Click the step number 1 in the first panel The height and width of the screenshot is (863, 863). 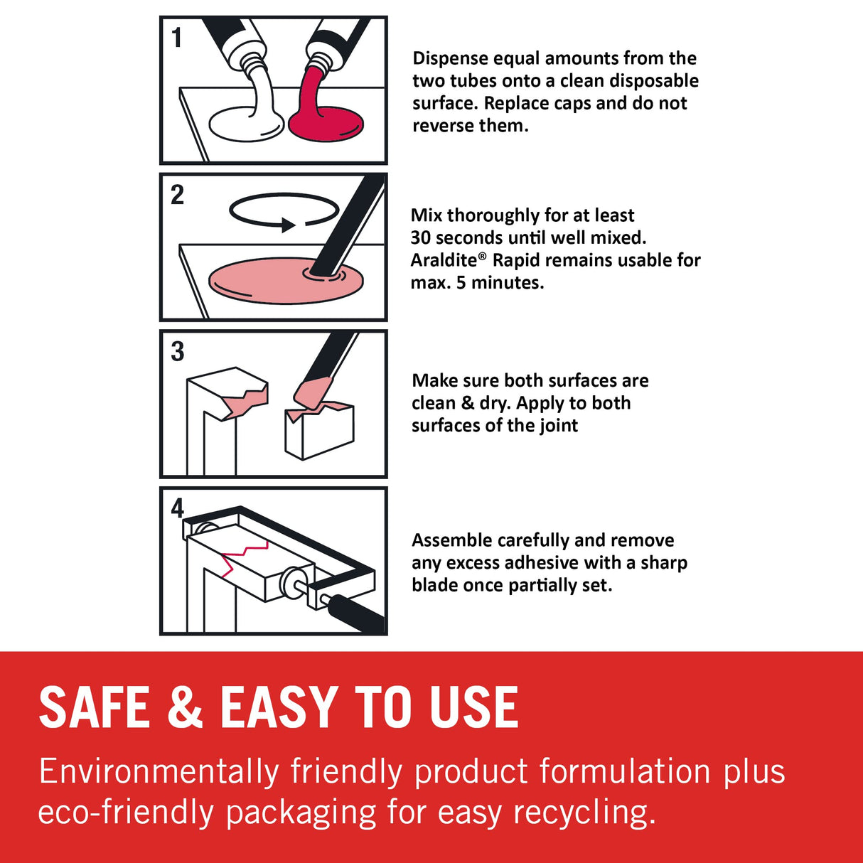click(x=177, y=38)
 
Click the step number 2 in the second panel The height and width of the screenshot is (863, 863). click(x=177, y=195)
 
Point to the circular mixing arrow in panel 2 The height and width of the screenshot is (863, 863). click(x=283, y=211)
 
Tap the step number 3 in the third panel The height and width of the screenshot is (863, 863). click(x=177, y=352)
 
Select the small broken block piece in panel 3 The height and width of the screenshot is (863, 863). click(x=318, y=430)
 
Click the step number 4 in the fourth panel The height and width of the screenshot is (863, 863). click(x=177, y=508)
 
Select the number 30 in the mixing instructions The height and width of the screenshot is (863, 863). click(x=420, y=237)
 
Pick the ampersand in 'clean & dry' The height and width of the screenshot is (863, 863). click(x=467, y=403)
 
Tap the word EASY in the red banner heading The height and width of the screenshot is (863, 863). click(x=278, y=707)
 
